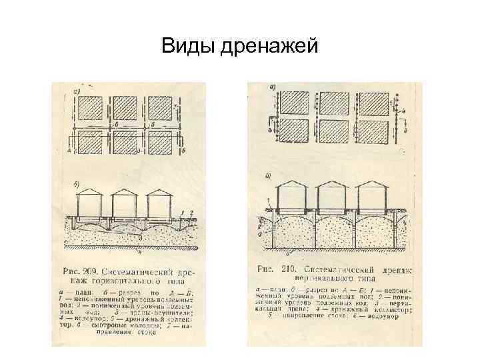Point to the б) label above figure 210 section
click(x=268, y=176)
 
